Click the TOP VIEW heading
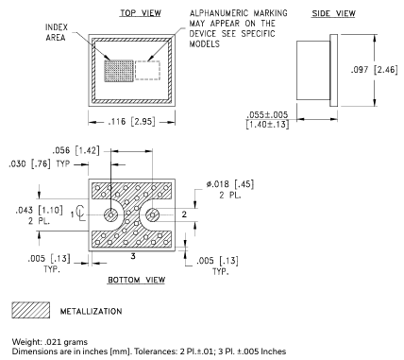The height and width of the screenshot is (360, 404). (141, 13)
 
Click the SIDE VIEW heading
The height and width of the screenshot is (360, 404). (333, 13)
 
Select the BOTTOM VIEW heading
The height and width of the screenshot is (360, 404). (137, 280)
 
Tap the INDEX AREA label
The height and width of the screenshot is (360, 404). (56, 32)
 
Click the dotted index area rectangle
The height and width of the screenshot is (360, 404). (119, 71)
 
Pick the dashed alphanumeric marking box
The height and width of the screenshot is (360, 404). (147, 70)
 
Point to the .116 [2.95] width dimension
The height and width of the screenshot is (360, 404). (131, 122)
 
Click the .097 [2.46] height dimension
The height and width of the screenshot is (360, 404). (375, 70)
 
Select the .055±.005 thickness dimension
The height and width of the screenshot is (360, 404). (267, 119)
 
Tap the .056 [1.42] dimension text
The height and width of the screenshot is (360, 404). (76, 150)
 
